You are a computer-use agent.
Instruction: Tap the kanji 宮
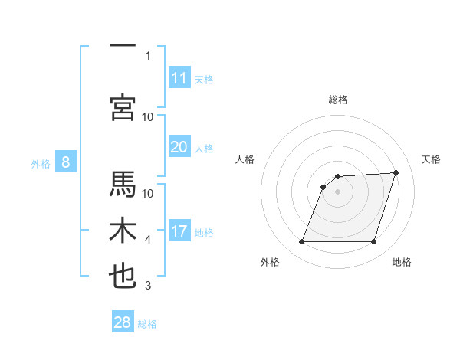point(123,107)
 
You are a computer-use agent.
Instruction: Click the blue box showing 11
point(179,77)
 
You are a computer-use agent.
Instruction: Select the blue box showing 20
point(179,147)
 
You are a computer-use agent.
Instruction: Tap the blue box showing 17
point(179,231)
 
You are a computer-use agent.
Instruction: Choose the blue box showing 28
point(123,322)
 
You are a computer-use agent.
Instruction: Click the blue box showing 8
point(66,162)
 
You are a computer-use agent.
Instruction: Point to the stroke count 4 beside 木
point(148,241)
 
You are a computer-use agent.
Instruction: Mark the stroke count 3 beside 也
point(148,286)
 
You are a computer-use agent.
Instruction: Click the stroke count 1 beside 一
point(148,55)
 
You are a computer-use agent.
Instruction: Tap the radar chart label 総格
point(337,100)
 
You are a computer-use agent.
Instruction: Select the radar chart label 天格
point(431,159)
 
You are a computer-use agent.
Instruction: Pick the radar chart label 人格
point(245,159)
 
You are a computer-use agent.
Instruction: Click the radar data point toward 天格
point(396,172)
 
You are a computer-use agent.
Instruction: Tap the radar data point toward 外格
point(301,242)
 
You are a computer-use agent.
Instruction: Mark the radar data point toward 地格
point(373,242)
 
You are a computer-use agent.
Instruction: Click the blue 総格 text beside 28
point(147,324)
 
